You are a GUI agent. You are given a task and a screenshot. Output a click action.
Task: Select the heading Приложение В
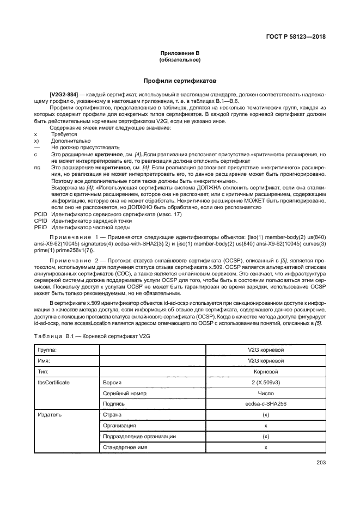click(x=180, y=52)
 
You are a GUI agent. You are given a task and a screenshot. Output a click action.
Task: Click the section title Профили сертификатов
click(x=180, y=79)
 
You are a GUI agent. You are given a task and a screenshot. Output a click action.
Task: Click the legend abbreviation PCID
click(x=40, y=215)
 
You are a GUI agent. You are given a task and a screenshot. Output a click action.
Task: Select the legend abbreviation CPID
click(x=40, y=222)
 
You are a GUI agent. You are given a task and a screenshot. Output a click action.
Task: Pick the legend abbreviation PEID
click(x=40, y=228)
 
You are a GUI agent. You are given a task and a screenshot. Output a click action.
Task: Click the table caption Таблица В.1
click(x=57, y=336)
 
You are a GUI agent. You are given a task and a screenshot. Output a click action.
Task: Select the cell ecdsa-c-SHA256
click(x=266, y=404)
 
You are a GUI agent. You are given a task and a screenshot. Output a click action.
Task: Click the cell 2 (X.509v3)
click(x=266, y=383)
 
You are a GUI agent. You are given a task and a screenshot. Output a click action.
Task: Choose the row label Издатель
click(x=48, y=415)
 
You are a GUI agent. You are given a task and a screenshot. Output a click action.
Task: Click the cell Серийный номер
click(x=125, y=393)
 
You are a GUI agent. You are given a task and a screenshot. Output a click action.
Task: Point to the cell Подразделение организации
click(x=139, y=436)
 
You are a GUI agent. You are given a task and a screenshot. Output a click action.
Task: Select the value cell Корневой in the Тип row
click(x=266, y=372)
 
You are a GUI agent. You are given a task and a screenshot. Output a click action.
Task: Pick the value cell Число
click(x=266, y=393)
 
